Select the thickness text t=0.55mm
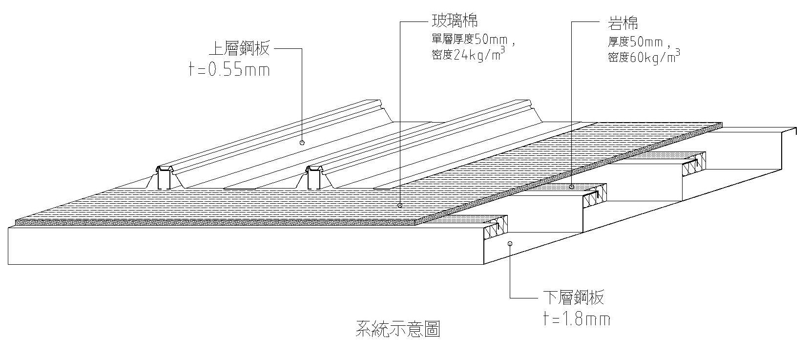[229, 70]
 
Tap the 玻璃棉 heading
[454, 21]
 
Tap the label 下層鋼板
[573, 297]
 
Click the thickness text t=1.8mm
[576, 319]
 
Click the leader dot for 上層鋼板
[302, 143]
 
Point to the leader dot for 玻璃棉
[400, 205]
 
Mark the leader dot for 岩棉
[572, 187]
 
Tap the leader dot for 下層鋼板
[510, 243]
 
